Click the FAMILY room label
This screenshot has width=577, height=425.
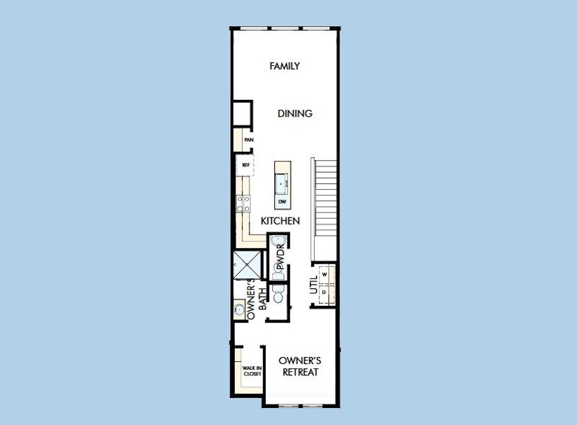click(x=285, y=66)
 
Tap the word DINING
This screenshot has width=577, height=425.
click(x=295, y=113)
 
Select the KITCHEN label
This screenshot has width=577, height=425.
click(x=280, y=221)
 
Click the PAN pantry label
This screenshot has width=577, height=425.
click(x=247, y=140)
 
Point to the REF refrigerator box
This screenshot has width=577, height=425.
click(x=246, y=165)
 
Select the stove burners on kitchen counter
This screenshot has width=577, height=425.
click(x=243, y=204)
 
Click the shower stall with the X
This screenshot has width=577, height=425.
click(x=248, y=267)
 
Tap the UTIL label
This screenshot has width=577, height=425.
click(x=313, y=285)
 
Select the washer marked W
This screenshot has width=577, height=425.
click(x=325, y=273)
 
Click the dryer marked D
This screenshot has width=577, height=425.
click(x=325, y=292)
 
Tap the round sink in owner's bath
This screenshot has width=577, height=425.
click(x=240, y=310)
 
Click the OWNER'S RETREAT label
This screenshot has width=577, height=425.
click(x=300, y=365)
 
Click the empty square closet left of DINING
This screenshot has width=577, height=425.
click(x=243, y=114)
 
